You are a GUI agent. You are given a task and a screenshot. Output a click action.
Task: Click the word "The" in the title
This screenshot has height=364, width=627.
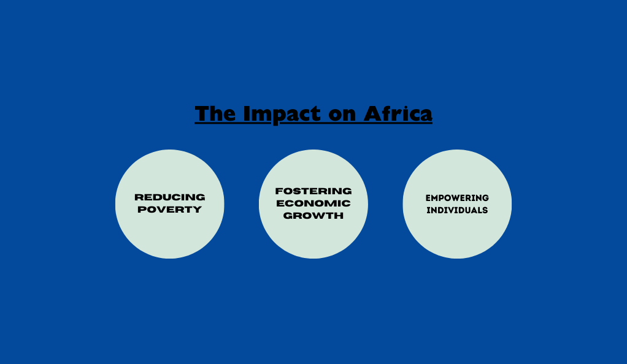tap(215, 113)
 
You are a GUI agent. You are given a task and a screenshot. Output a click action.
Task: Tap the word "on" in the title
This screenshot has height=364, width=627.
tap(342, 115)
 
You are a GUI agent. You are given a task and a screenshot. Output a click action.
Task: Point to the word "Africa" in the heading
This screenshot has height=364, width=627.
tap(398, 113)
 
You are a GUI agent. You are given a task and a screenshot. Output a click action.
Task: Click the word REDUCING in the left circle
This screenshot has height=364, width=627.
tap(169, 197)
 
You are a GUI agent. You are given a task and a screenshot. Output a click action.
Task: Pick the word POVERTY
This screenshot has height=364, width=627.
tap(169, 210)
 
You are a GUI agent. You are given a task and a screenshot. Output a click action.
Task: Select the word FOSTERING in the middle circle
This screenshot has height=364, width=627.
tap(313, 191)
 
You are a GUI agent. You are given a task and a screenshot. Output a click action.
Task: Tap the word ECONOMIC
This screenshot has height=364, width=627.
tap(313, 203)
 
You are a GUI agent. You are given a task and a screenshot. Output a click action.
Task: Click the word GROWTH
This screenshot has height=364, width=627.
tap(313, 216)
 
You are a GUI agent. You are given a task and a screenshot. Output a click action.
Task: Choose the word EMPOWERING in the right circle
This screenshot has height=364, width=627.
tap(457, 198)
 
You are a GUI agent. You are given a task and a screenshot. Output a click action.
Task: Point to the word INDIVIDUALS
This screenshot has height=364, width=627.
tap(457, 210)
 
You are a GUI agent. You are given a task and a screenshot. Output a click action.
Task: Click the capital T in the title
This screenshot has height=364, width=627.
tap(202, 113)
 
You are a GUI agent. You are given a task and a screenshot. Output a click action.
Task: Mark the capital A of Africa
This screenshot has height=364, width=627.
tap(372, 113)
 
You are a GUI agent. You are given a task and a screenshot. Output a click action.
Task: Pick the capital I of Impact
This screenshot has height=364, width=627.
tap(247, 113)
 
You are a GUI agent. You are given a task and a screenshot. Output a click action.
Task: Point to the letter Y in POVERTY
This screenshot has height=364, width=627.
tap(197, 210)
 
